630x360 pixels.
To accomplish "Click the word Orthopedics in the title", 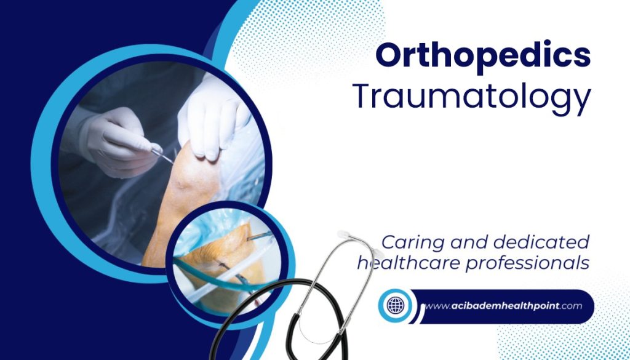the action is point(483,56).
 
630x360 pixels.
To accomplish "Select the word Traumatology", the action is point(472,98).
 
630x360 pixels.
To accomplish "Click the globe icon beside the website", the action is point(395,305).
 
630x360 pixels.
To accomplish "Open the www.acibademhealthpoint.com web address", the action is point(503,306).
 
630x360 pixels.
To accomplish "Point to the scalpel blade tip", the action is point(173,162).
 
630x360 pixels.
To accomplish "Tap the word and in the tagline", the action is point(469,242).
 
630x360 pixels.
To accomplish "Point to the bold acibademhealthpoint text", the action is point(505,306).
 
